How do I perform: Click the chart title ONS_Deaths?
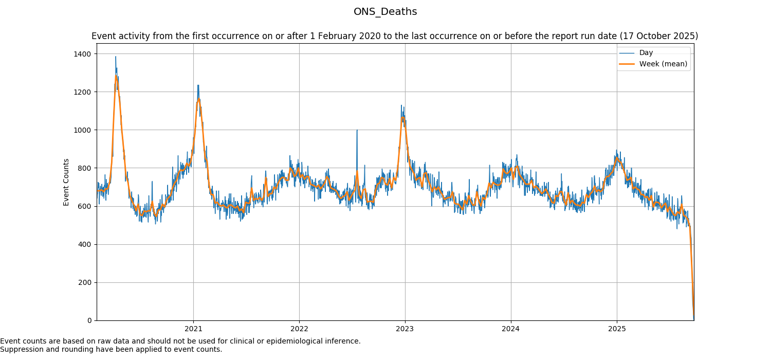pyautogui.click(x=385, y=12)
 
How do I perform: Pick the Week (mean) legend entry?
pyautogui.click(x=663, y=64)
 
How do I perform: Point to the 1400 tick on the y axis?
pyautogui.click(x=85, y=54)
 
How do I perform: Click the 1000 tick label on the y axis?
pyautogui.click(x=85, y=130)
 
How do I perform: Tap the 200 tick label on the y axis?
pyautogui.click(x=86, y=282)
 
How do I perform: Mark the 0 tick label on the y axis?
pyautogui.click(x=90, y=320)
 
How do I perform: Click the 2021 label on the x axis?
pyautogui.click(x=193, y=329)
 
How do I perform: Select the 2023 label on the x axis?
pyautogui.click(x=405, y=329)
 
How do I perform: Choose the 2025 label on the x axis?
pyautogui.click(x=617, y=329)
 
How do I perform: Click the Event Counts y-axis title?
pyautogui.click(x=66, y=182)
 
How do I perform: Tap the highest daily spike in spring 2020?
pyautogui.click(x=116, y=57)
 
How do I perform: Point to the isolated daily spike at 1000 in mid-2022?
pyautogui.click(x=357, y=130)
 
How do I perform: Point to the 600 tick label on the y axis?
pyautogui.click(x=86, y=206)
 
